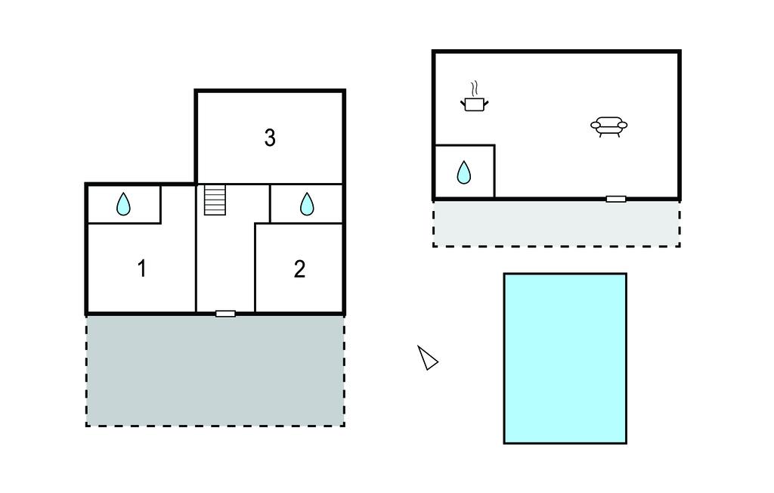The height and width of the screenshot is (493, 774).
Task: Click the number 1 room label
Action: point(141,268)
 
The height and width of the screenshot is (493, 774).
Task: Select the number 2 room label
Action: point(299,269)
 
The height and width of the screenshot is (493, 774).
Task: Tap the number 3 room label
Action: point(270,138)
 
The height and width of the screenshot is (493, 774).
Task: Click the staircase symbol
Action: point(215,201)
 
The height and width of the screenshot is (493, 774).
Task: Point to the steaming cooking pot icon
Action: point(474,104)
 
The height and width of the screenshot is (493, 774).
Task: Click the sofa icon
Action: point(608,126)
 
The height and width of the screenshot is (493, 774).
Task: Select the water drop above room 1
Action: point(123,204)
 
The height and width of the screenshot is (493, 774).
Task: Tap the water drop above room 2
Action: point(307,204)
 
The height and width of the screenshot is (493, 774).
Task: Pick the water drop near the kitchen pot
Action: point(464,173)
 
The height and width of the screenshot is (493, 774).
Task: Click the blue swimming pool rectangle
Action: point(565,358)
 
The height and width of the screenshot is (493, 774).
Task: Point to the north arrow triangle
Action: point(428,358)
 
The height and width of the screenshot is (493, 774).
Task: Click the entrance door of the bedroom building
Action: point(225,313)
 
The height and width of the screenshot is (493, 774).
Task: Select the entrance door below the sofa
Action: point(616,199)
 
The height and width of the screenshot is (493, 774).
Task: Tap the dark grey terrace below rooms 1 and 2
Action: point(215,370)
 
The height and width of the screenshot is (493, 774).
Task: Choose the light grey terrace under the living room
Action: point(556,223)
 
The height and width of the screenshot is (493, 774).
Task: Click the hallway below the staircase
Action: point(225,265)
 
